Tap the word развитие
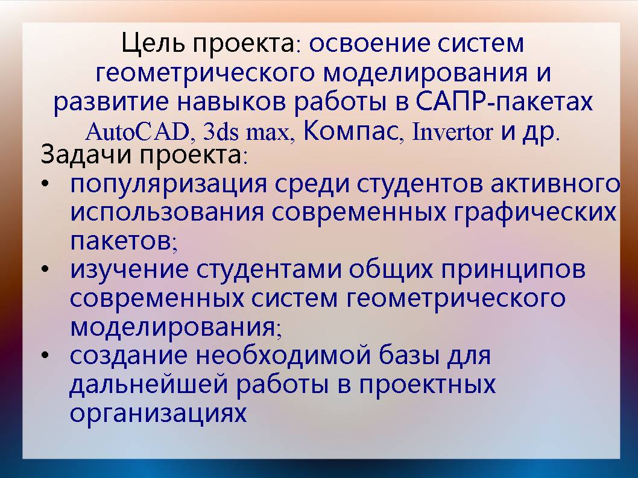[x=111, y=102]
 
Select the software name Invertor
[x=452, y=131]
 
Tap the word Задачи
[x=87, y=155]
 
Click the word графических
[x=535, y=212]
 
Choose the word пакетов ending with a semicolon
[x=124, y=242]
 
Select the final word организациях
[x=158, y=414]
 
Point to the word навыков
[x=231, y=102]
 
